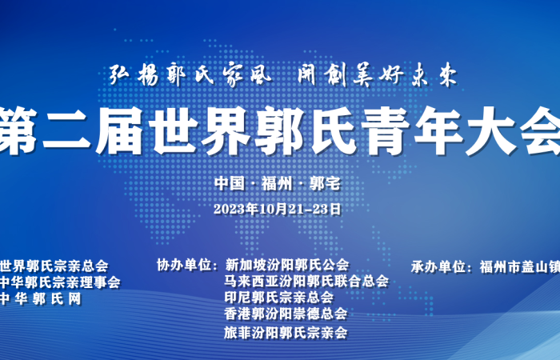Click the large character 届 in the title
120,130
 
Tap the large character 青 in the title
385,130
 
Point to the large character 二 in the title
67,130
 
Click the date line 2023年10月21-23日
278,209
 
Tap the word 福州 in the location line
277,183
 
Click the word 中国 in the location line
230,183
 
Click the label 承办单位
438,266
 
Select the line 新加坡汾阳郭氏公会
287,265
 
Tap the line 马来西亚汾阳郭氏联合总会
306,281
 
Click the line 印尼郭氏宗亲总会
279,297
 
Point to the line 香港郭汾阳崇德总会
286,314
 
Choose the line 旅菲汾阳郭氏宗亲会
286,333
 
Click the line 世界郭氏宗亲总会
54,266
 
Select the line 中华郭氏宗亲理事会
60,282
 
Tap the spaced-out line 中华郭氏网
40,299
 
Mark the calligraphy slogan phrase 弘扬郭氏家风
190,75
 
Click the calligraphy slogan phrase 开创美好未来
378,75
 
